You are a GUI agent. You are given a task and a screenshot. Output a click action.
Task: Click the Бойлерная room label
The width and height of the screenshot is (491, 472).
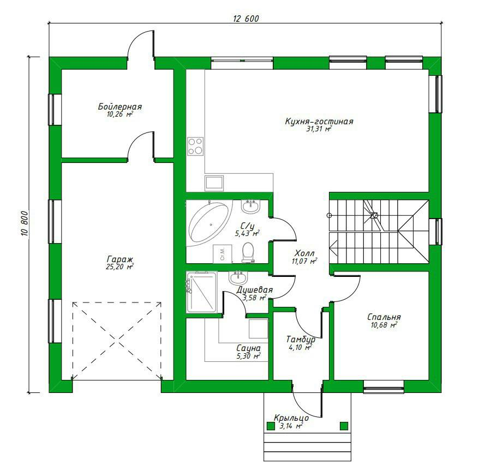click(x=120, y=107)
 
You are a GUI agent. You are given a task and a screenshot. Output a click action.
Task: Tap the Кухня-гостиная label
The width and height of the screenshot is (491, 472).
click(x=319, y=122)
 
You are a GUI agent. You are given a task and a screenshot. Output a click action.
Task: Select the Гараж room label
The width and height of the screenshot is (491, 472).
click(x=120, y=259)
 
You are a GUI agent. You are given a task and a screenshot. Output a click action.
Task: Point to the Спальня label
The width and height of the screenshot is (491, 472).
click(x=384, y=317)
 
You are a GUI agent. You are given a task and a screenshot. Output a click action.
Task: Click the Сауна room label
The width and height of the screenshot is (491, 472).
click(x=248, y=348)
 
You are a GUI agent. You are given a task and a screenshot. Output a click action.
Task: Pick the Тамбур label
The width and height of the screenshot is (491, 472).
click(x=301, y=340)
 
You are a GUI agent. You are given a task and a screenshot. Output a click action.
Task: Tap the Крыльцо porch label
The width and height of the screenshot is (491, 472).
click(x=291, y=418)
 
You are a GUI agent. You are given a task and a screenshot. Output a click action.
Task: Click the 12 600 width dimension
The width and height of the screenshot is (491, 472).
click(x=246, y=19)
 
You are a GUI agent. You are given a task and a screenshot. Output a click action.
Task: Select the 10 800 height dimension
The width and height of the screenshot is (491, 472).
click(x=25, y=223)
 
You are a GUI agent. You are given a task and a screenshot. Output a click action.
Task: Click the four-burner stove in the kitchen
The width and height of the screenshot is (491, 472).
click(x=195, y=147)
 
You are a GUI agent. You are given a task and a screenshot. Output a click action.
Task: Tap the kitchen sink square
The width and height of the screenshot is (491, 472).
click(x=214, y=183)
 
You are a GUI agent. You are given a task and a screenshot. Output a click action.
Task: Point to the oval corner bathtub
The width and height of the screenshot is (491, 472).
click(x=209, y=222)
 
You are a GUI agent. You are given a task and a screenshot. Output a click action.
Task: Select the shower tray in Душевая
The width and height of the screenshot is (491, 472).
click(x=202, y=292)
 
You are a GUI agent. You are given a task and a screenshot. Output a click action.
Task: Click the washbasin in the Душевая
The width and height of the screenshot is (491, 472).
click(x=238, y=277)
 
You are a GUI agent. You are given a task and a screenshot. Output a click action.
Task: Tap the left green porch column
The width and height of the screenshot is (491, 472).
click(x=270, y=426)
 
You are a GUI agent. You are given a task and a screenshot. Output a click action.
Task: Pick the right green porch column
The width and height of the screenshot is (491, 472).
click(x=344, y=426)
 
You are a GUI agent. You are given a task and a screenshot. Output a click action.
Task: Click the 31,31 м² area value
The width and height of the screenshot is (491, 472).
click(x=319, y=129)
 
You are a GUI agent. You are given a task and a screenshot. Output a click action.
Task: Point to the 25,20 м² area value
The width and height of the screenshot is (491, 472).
click(x=120, y=267)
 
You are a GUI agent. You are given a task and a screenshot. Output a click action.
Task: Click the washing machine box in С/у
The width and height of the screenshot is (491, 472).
click(x=223, y=253)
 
